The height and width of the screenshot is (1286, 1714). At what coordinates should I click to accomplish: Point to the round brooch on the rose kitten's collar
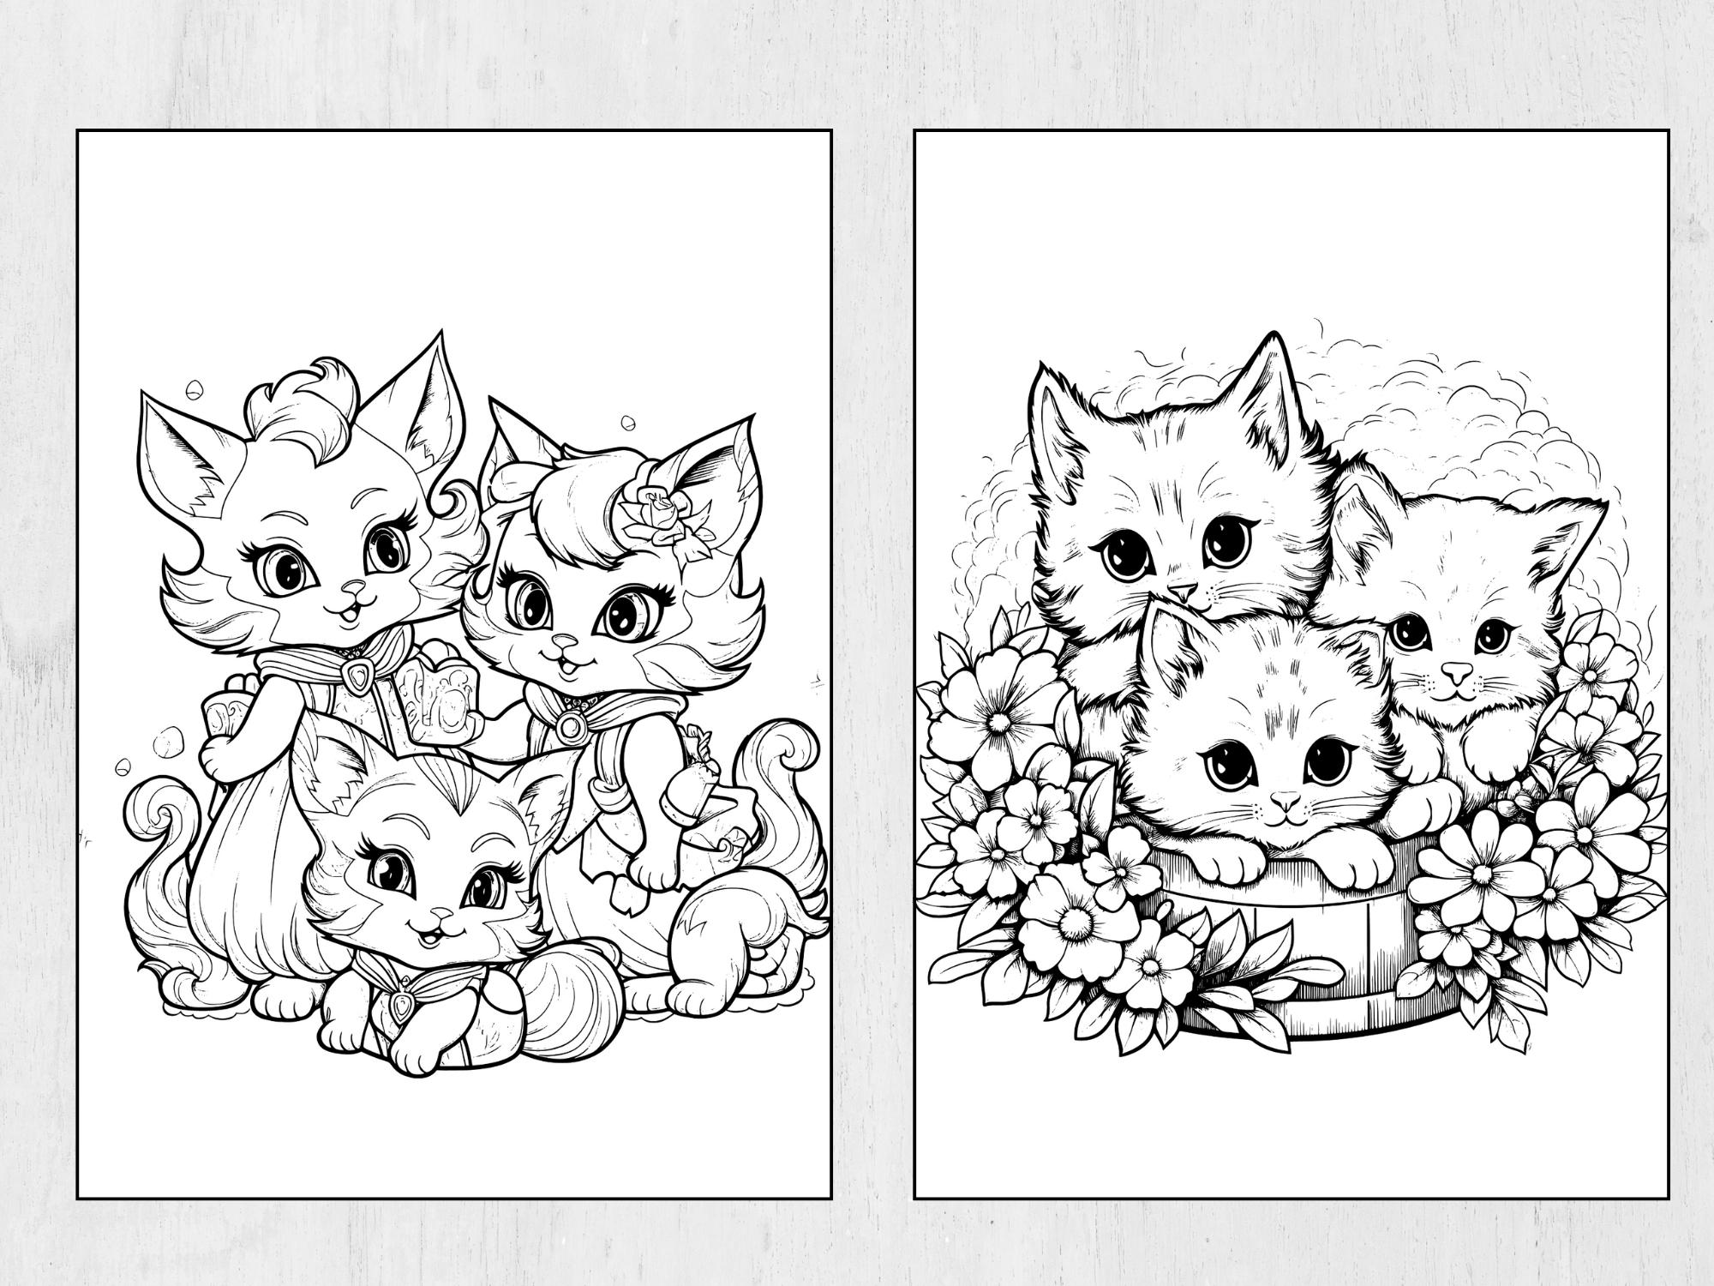click(x=568, y=727)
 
